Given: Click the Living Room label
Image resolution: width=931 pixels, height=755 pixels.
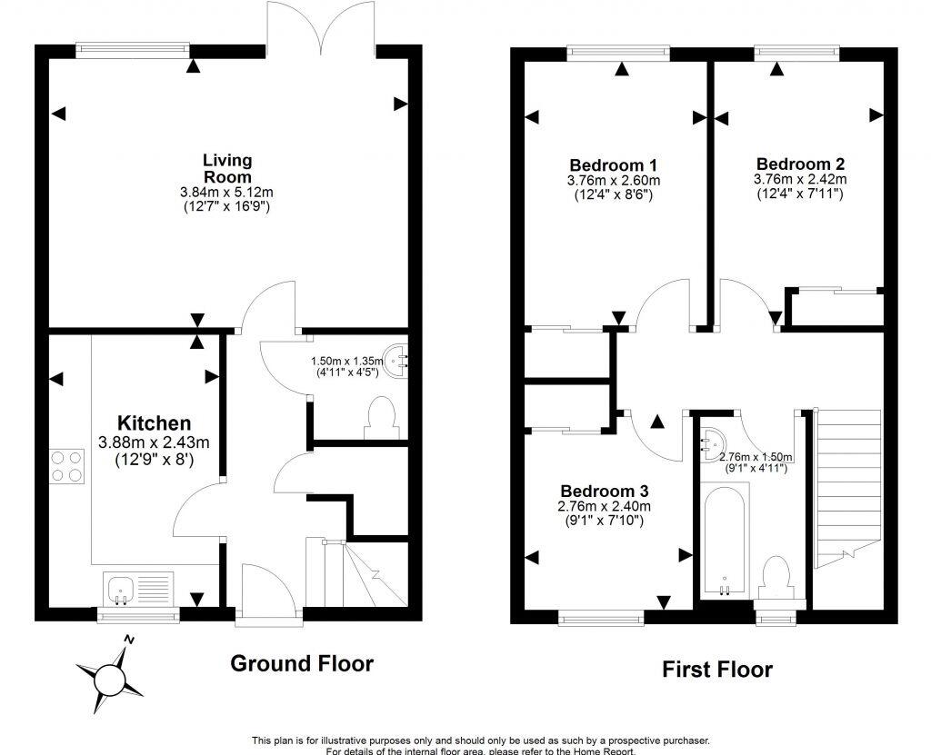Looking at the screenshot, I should click(x=226, y=168).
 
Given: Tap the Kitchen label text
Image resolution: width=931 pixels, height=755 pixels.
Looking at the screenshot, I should click(x=155, y=423).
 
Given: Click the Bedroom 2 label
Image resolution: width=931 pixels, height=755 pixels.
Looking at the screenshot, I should click(x=800, y=164).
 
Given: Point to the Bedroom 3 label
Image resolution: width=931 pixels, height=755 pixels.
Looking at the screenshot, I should click(x=605, y=491).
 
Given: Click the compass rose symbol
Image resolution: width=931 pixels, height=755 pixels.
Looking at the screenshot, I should click(x=109, y=676).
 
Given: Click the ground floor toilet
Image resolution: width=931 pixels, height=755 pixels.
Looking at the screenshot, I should click(x=377, y=421).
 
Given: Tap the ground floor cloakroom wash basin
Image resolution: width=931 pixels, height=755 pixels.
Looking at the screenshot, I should click(x=397, y=359).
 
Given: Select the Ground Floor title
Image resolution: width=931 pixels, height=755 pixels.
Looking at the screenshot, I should click(x=301, y=663).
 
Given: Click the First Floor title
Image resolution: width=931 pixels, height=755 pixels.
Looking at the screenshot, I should click(x=716, y=671).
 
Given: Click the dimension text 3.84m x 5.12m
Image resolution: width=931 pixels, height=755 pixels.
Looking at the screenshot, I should click(x=226, y=193).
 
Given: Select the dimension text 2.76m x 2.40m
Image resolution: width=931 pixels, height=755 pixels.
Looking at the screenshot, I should click(x=605, y=506).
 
